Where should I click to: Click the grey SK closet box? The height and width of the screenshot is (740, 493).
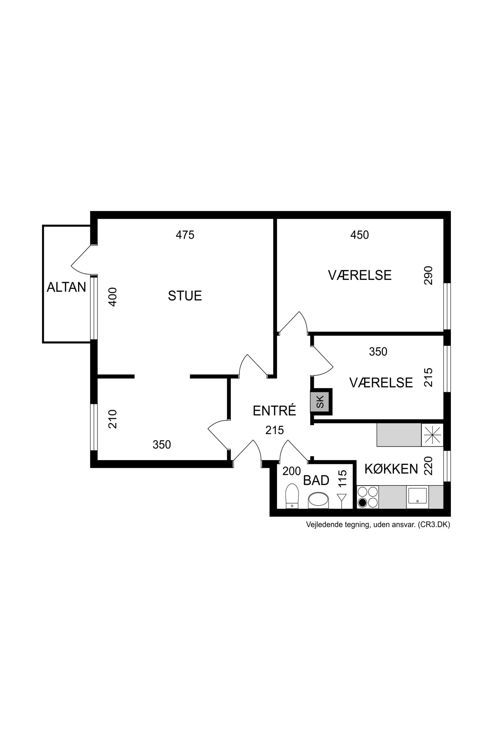click(x=320, y=402)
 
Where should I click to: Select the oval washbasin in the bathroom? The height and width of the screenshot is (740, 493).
click(x=318, y=500)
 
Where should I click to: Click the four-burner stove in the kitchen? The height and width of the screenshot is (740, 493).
click(x=368, y=497)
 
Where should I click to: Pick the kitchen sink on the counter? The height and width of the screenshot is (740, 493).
click(x=417, y=496)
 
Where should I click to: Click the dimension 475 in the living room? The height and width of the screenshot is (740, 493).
click(x=185, y=235)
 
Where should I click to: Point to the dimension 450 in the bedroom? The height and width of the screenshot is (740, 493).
click(x=359, y=235)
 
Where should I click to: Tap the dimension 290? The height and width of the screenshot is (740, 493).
click(x=428, y=275)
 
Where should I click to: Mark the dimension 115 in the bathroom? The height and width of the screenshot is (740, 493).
click(x=342, y=479)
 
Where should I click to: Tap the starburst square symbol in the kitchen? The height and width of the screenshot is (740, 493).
click(x=432, y=434)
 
